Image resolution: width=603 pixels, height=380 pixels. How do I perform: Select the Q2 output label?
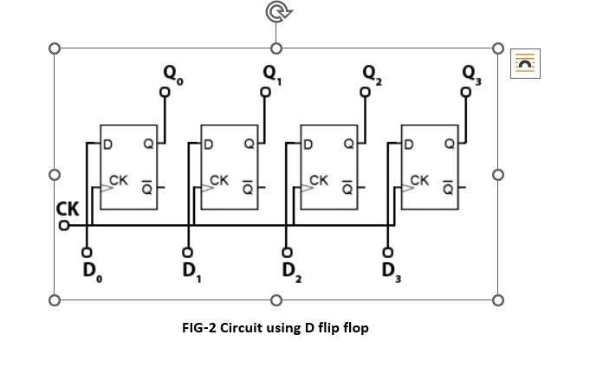point(371,73)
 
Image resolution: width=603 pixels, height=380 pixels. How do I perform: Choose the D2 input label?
point(289,270)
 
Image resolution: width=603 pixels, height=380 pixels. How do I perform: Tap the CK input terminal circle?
point(63,227)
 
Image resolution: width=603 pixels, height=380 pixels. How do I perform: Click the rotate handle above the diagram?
point(276,13)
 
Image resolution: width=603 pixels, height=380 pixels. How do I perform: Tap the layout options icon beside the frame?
point(525,63)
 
